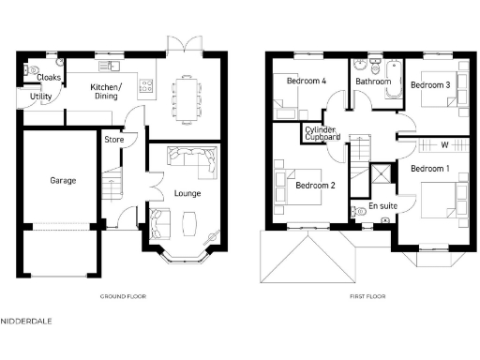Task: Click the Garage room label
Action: (63, 180)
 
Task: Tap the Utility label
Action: (40, 97)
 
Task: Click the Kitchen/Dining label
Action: (104, 92)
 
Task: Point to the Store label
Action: (113, 141)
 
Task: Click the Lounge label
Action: (187, 193)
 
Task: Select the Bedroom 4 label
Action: (306, 82)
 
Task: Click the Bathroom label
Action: (373, 82)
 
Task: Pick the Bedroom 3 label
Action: (430, 85)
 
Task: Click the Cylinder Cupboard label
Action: (321, 133)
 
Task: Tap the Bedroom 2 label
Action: (315, 186)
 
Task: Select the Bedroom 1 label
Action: (429, 168)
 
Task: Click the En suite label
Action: (382, 204)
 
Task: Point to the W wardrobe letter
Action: (444, 144)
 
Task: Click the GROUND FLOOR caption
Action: (123, 296)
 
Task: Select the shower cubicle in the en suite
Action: (381, 175)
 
